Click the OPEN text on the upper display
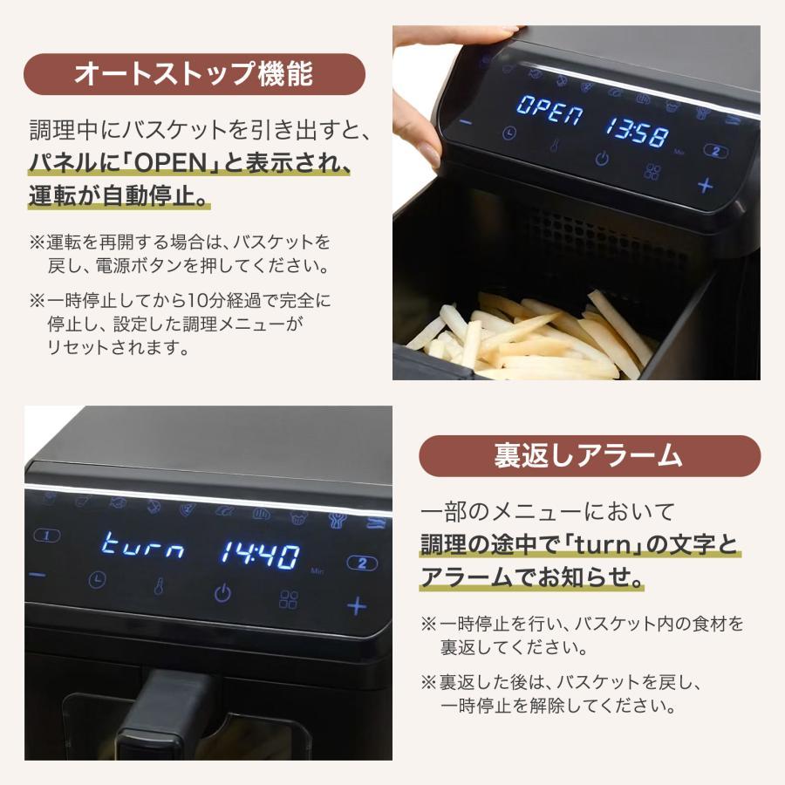click(x=550, y=110)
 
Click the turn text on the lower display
click(x=143, y=546)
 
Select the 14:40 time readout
click(x=260, y=555)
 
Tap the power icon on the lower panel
click(x=222, y=592)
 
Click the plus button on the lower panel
click(x=357, y=606)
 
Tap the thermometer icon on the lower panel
click(x=159, y=586)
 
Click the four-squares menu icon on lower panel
click(x=289, y=599)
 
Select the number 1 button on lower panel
click(x=46, y=536)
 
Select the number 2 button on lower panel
click(x=362, y=563)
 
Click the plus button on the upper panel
click(x=705, y=185)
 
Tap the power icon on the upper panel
click(x=602, y=158)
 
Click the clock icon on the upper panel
click(x=509, y=133)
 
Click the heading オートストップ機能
click(x=194, y=73)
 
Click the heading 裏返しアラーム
click(x=589, y=455)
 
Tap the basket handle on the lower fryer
click(x=165, y=716)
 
